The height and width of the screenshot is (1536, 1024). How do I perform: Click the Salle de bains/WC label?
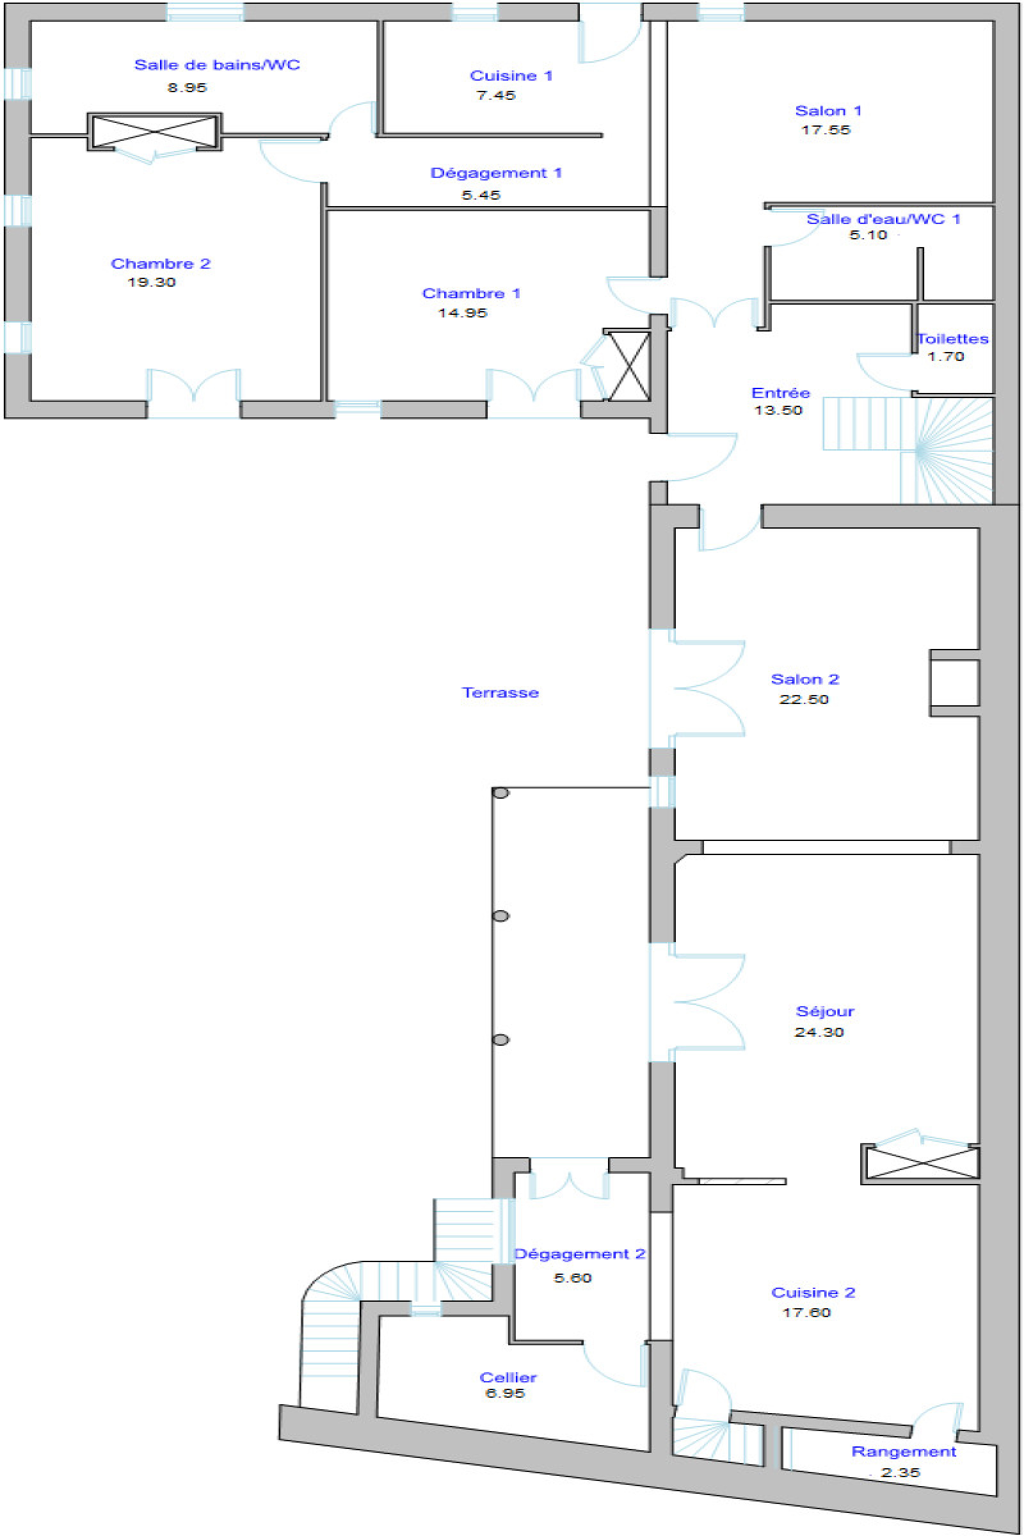(217, 65)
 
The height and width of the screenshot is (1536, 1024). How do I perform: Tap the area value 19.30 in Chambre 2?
(152, 282)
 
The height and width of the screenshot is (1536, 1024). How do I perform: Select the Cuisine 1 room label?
(511, 76)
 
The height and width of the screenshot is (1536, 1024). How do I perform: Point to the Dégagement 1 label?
(495, 173)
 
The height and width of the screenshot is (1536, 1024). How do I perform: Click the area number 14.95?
(462, 313)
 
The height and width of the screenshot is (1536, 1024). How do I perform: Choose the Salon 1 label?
(828, 111)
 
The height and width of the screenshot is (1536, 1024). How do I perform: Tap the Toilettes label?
(953, 339)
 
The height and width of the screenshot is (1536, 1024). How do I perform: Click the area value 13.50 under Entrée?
(778, 410)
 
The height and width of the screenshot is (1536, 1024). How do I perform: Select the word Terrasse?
(500, 693)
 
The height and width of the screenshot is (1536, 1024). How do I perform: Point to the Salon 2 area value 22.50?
(804, 700)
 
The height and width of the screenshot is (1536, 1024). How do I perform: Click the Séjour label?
(825, 1012)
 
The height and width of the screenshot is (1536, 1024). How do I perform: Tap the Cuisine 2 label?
(813, 1293)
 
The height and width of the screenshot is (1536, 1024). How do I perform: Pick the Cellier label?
(508, 1378)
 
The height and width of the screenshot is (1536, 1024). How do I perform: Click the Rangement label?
(904, 1452)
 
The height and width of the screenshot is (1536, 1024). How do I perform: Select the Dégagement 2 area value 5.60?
(573, 1278)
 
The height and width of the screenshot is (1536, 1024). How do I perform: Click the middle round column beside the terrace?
(501, 916)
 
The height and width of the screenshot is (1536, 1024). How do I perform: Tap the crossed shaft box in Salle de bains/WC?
(155, 132)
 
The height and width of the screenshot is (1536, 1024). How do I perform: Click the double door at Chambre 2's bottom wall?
(193, 392)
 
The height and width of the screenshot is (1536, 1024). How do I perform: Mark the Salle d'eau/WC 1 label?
(883, 220)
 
